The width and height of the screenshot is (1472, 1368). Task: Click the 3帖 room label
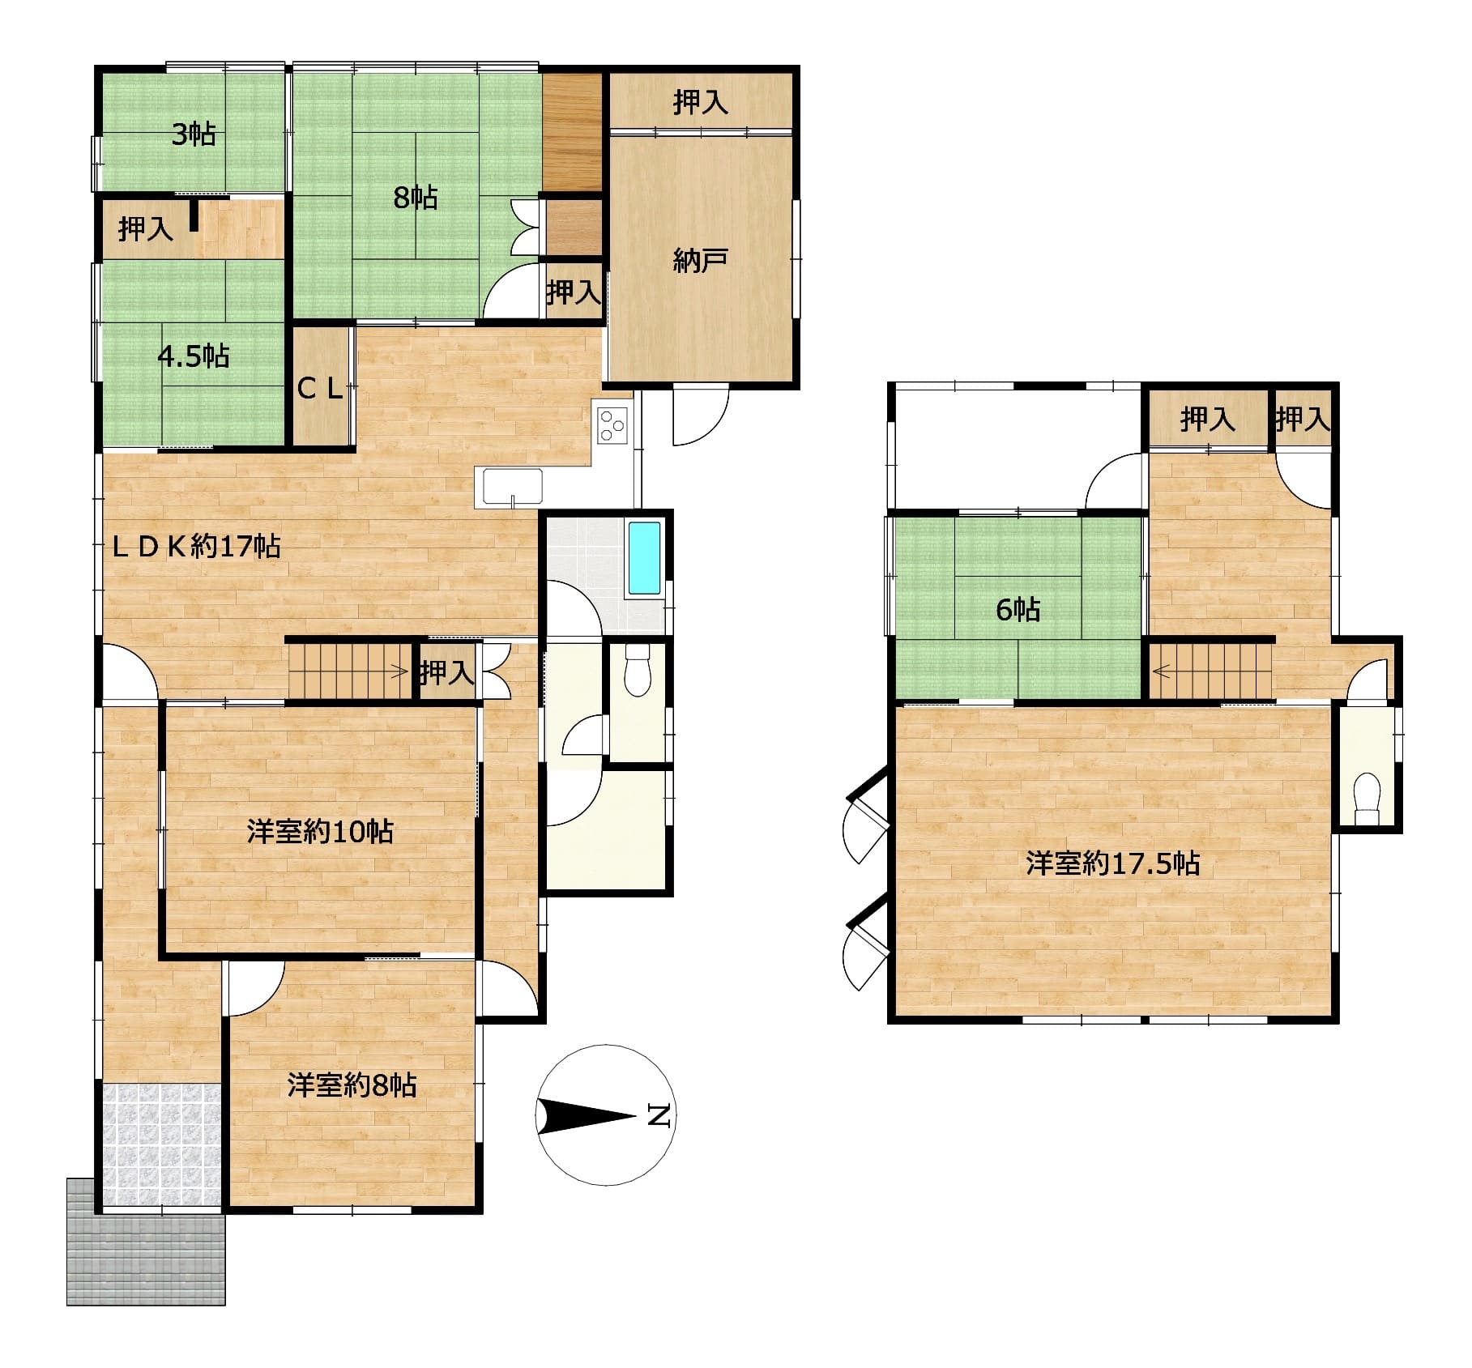(193, 134)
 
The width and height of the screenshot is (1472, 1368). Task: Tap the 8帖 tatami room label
(416, 198)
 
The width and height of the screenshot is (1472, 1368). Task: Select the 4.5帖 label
(194, 356)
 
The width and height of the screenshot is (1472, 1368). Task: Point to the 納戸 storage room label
(700, 261)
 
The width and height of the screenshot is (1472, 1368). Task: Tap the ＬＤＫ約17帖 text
(196, 547)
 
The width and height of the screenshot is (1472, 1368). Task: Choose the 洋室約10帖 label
(320, 832)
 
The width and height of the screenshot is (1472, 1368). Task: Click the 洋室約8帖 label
(352, 1085)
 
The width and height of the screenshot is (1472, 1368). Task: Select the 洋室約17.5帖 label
(1112, 863)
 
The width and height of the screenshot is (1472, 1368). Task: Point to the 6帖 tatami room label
(1018, 610)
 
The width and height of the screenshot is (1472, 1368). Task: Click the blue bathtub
(645, 559)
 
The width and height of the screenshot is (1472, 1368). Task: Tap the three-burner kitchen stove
(613, 425)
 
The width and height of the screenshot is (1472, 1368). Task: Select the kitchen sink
(513, 488)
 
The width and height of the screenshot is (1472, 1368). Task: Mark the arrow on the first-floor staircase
(398, 670)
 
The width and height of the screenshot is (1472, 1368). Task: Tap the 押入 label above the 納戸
(700, 102)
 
